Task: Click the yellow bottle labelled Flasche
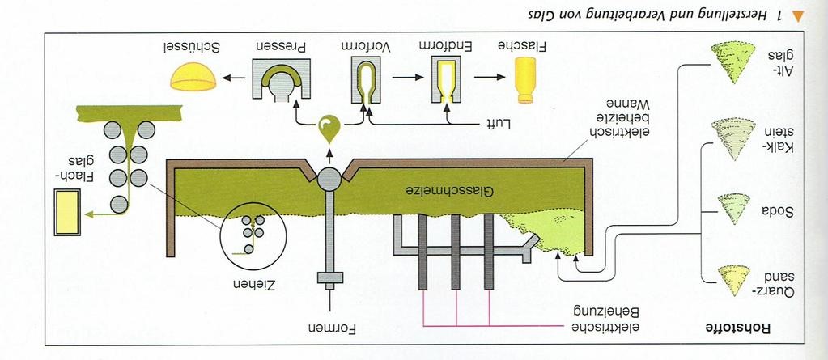point(524,80)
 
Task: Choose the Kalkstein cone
point(733,138)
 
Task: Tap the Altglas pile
point(733,62)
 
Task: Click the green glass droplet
point(329,129)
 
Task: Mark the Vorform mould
point(367,81)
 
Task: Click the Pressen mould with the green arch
point(281,80)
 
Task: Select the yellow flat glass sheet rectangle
point(67,212)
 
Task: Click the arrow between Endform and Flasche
point(488,77)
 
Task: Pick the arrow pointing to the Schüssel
point(233,78)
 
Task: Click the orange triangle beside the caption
point(796,16)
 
